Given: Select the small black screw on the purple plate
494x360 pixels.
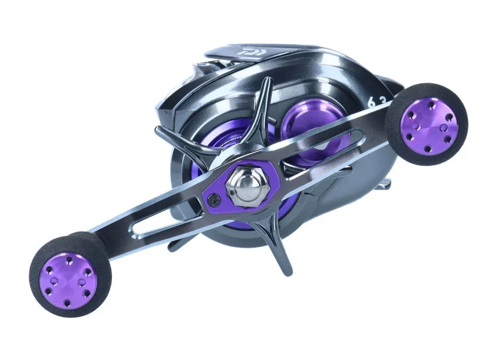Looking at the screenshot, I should (x=212, y=199).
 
